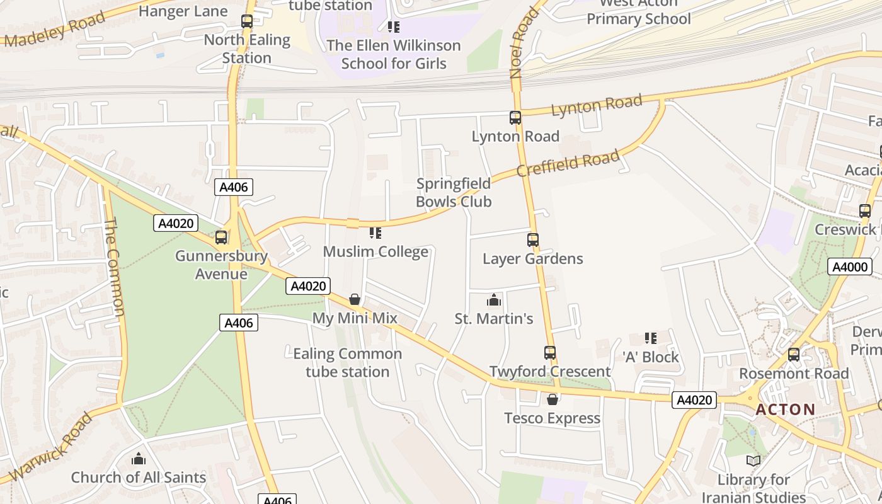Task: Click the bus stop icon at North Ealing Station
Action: (247, 21)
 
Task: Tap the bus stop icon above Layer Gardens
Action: (533, 240)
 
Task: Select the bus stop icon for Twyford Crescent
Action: (550, 353)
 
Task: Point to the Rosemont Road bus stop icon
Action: (794, 355)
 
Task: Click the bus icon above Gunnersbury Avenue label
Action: (221, 238)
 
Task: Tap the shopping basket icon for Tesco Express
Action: (553, 399)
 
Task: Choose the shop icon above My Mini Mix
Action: (355, 299)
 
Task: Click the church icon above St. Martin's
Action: (494, 300)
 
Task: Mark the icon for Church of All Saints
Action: (139, 459)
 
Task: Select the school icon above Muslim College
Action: (375, 233)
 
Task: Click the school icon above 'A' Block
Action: (651, 338)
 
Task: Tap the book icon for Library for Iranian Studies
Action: (753, 461)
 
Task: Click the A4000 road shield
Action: (849, 266)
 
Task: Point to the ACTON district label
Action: (785, 409)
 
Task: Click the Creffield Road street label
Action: (568, 164)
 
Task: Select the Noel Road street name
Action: (524, 43)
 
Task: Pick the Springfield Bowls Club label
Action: (453, 193)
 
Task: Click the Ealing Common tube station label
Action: (347, 362)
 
